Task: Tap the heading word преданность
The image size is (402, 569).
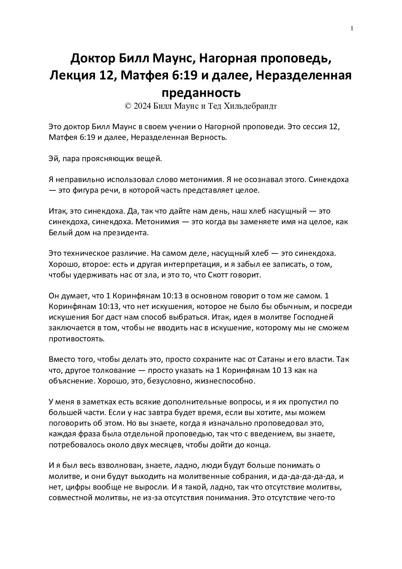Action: coord(201,93)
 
